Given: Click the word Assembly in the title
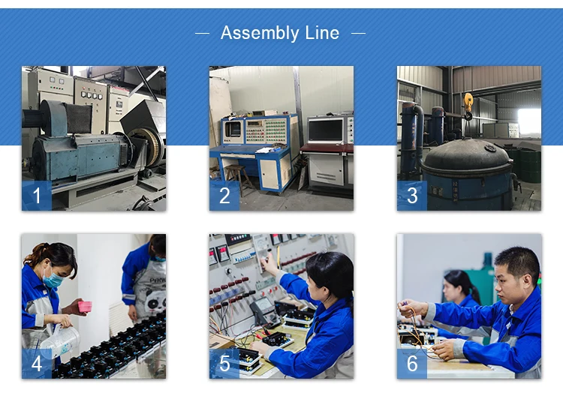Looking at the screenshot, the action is click(x=260, y=33).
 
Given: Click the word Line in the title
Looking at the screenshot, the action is click(x=322, y=33).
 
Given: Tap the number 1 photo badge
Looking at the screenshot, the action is click(x=37, y=196).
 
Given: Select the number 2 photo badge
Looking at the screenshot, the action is click(x=224, y=196).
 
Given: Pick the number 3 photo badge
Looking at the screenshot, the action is click(x=412, y=196).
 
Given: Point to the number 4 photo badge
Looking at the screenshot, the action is click(x=37, y=364).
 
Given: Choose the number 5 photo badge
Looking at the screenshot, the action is click(x=224, y=364).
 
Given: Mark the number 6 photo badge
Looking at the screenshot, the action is click(x=412, y=364).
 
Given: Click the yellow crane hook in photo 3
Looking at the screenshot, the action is click(x=468, y=106).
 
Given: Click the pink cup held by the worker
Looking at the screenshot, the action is click(x=85, y=306).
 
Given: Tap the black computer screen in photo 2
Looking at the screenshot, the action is click(x=326, y=130).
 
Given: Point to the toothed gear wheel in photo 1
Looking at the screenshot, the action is click(x=148, y=146).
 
